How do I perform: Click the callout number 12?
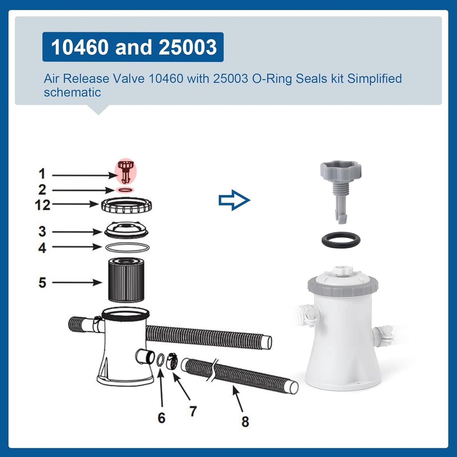[43, 205]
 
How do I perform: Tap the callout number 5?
[42, 282]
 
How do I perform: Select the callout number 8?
[245, 422]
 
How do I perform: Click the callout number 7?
[193, 411]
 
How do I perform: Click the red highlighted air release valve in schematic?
[126, 172]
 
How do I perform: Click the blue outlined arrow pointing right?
[234, 200]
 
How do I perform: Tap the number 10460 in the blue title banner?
[80, 47]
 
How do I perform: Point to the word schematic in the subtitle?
[72, 92]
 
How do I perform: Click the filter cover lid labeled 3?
[126, 230]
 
